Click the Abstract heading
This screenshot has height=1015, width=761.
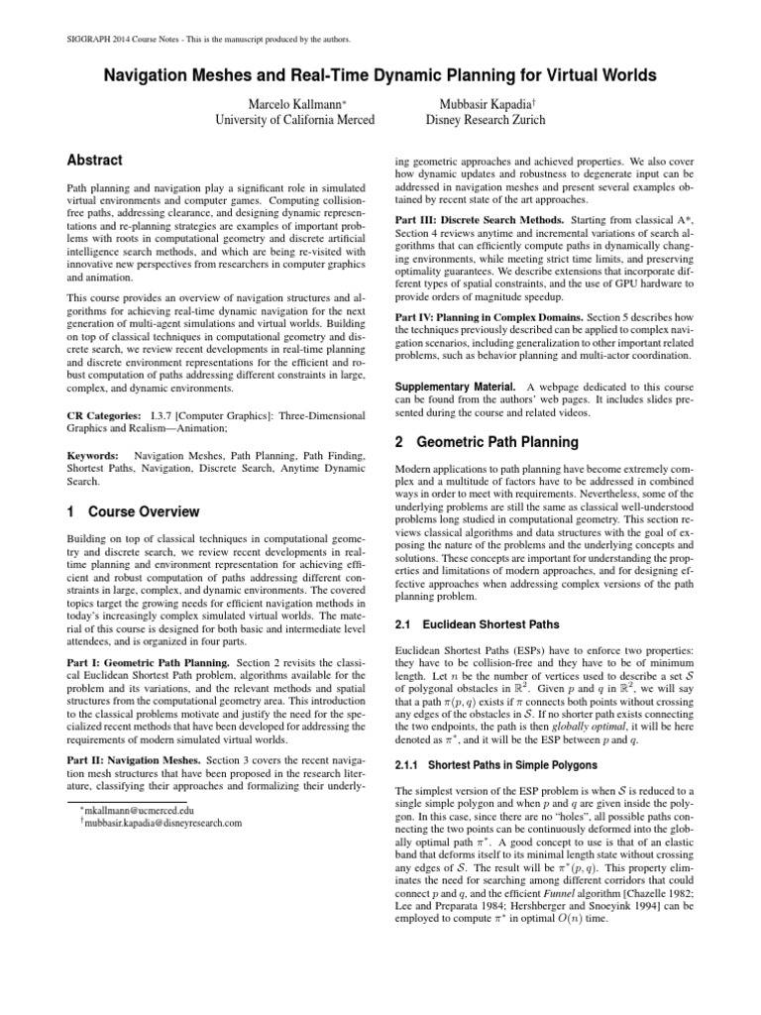point(94,160)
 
